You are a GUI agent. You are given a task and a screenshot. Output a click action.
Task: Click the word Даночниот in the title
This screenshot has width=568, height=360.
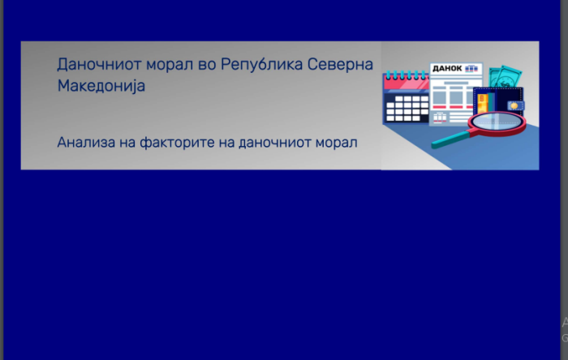click(99, 64)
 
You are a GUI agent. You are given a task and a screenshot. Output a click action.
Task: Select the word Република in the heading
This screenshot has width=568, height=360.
click(261, 64)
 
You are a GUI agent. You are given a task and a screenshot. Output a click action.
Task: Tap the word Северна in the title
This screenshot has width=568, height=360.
click(340, 64)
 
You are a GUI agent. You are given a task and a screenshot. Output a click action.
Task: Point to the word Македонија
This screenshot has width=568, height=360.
click(101, 86)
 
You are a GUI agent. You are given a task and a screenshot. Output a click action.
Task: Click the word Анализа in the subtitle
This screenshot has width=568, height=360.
click(86, 142)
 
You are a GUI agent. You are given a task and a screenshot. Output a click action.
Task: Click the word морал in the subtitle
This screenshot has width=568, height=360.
click(336, 143)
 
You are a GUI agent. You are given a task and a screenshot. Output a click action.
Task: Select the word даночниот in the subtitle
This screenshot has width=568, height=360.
click(274, 142)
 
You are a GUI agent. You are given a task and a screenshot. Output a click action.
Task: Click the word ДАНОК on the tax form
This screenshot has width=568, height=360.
click(447, 68)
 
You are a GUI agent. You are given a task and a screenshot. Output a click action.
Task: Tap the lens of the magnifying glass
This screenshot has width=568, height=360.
click(497, 122)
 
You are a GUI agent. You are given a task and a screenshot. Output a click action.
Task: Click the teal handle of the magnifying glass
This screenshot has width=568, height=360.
click(450, 139)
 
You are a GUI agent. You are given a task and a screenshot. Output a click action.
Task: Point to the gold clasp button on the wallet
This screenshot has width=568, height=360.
click(514, 105)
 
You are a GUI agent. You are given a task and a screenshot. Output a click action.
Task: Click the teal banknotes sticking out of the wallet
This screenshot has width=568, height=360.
click(505, 77)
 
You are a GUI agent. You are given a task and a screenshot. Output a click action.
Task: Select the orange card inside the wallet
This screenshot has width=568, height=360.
click(482, 104)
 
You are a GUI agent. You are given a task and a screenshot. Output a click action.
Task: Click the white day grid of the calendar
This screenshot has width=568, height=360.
click(407, 108)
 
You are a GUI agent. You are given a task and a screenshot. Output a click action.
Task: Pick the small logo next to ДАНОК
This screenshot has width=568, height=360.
click(471, 69)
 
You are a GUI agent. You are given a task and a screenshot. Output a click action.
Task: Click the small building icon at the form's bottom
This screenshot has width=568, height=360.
click(440, 118)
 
